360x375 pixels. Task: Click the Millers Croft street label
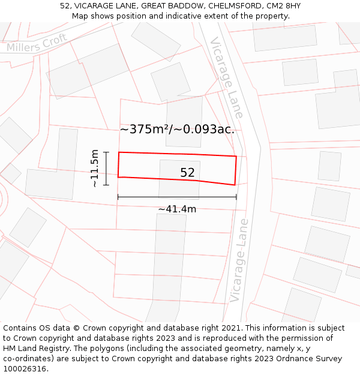(x=37, y=43)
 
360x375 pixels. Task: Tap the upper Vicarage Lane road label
(x=226, y=77)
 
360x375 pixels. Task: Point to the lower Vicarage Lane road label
(x=239, y=260)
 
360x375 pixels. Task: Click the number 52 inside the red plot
(x=188, y=173)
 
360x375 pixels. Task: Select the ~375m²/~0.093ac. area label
(x=177, y=129)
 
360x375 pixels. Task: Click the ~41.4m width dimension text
(x=177, y=209)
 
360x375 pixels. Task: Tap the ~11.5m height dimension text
(x=95, y=169)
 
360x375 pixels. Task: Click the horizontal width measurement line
(x=177, y=197)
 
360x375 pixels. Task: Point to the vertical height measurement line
(x=106, y=169)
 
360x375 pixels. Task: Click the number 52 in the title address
(x=65, y=6)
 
